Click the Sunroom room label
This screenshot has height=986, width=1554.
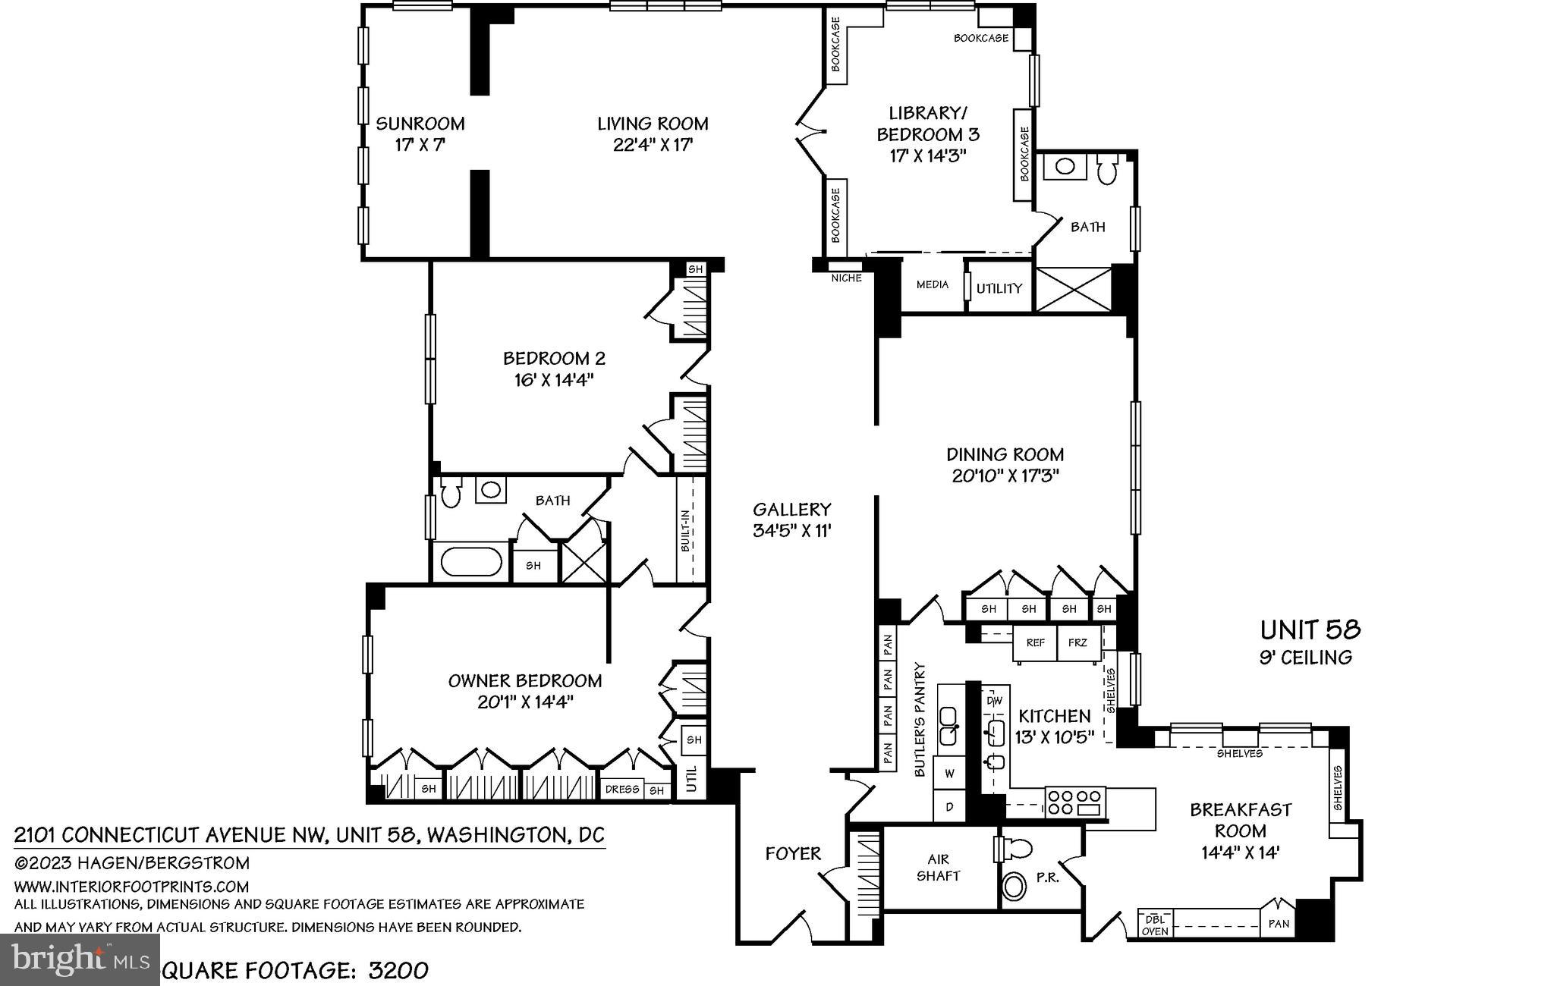420,124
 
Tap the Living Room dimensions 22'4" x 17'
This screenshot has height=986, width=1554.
653,145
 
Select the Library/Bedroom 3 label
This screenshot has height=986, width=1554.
928,124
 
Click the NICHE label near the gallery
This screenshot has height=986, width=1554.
847,278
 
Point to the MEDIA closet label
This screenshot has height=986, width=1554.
933,284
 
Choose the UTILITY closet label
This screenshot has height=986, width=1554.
999,288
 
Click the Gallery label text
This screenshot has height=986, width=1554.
792,510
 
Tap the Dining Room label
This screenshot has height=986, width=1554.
1005,454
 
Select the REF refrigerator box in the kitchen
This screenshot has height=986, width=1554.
1035,642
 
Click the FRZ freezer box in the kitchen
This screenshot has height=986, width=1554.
1077,642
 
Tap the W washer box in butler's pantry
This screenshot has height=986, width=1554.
949,774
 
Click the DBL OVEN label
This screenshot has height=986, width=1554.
1155,924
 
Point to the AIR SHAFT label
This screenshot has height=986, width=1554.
939,868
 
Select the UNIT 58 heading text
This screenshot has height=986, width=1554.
1310,630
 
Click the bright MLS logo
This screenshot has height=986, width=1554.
80,959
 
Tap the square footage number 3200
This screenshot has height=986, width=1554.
399,971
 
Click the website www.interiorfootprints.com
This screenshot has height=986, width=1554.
131,886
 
